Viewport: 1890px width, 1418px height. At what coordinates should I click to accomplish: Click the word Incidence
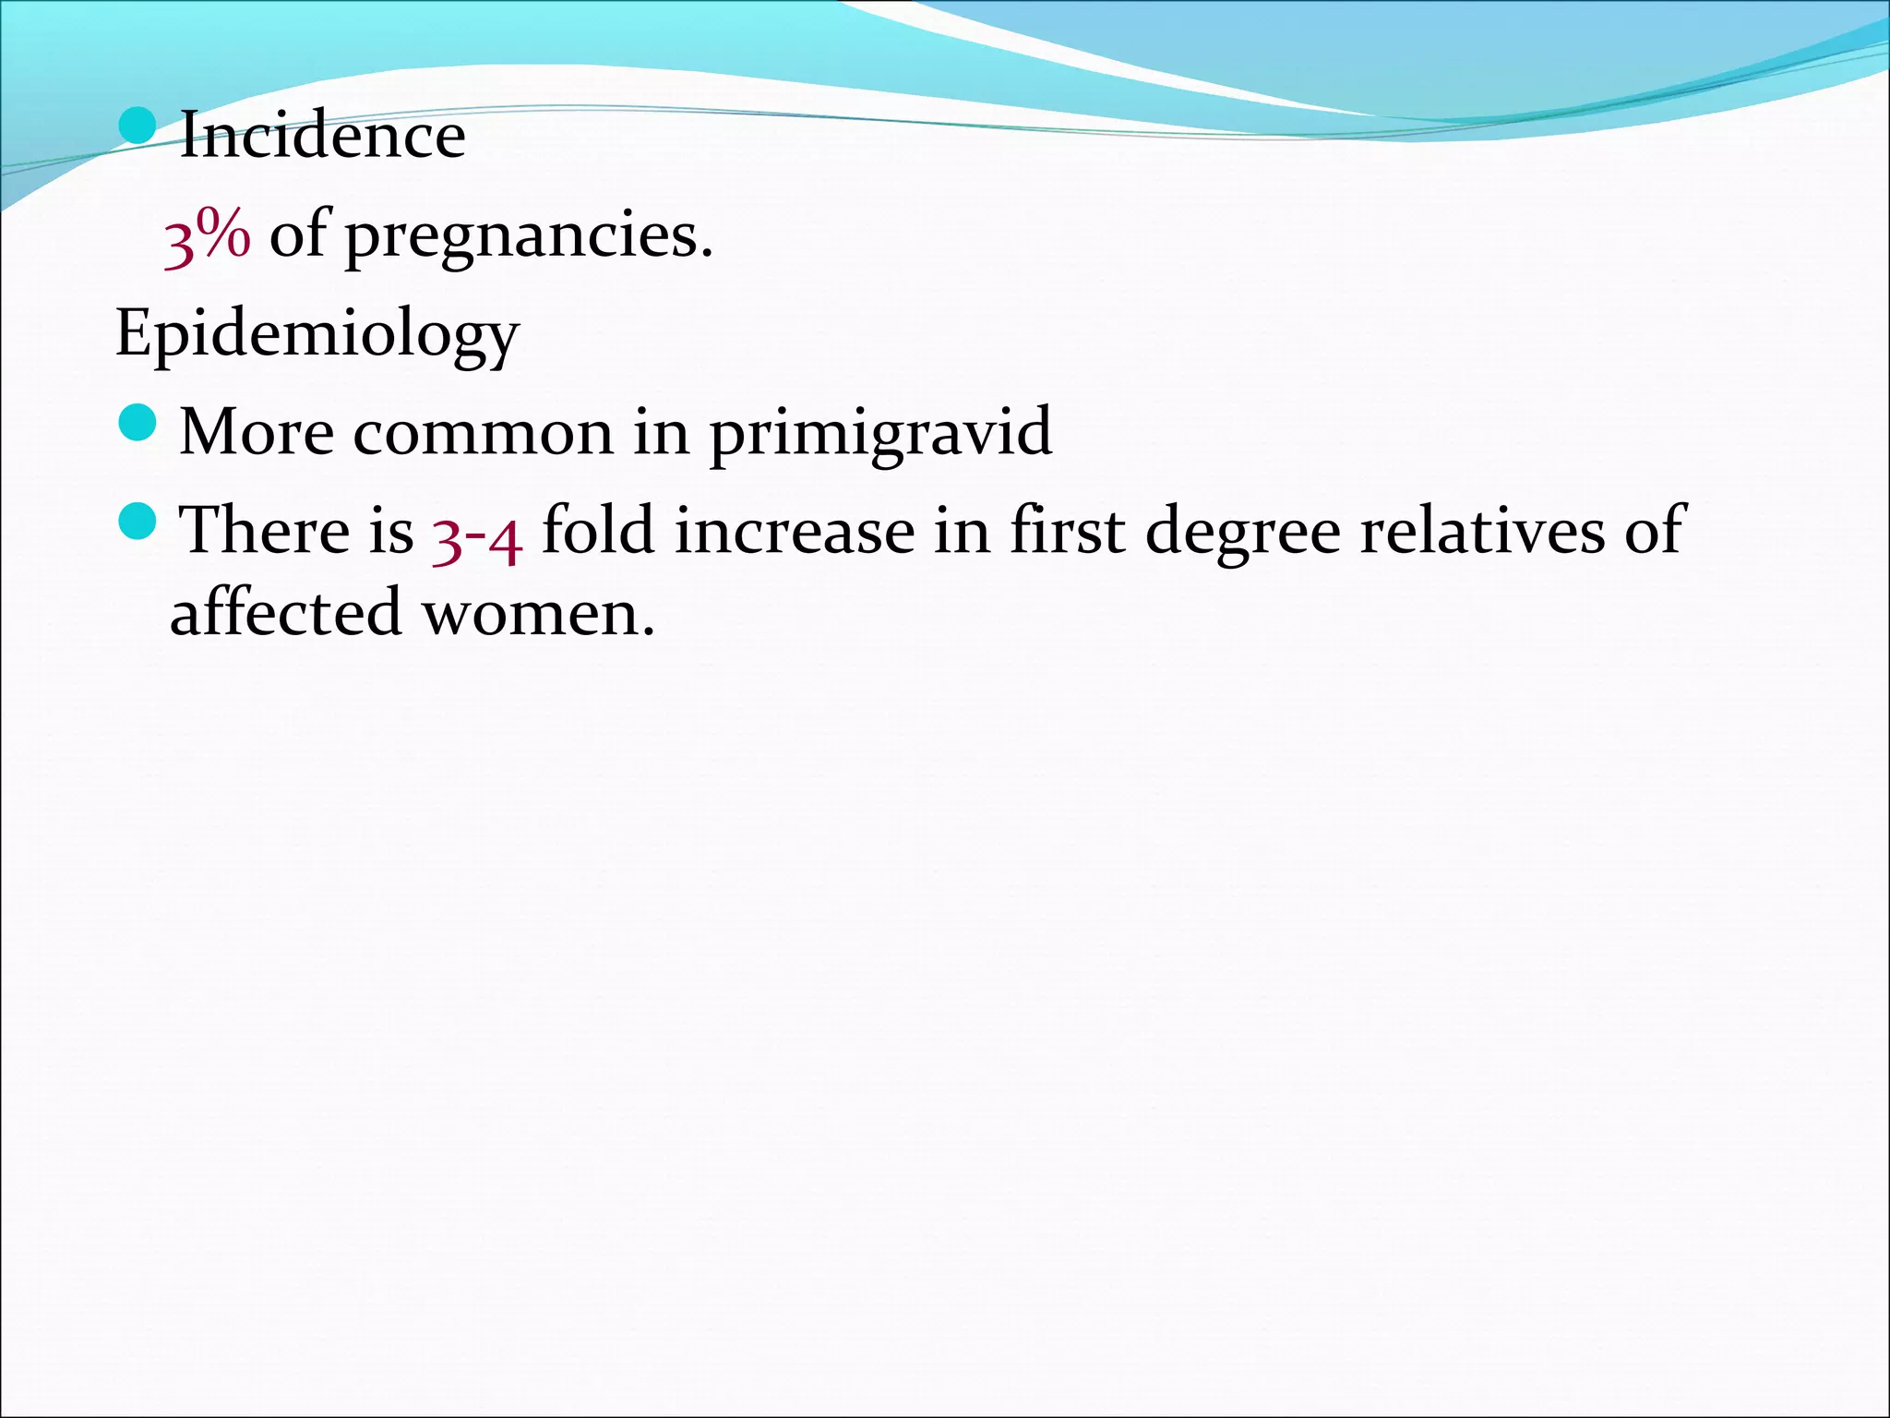(322, 136)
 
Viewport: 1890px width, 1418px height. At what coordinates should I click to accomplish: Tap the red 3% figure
(207, 235)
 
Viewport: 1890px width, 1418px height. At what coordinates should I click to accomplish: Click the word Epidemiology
(317, 334)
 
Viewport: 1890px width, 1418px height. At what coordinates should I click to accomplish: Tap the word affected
(286, 612)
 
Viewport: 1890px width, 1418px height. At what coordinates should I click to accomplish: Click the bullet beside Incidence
(138, 126)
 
